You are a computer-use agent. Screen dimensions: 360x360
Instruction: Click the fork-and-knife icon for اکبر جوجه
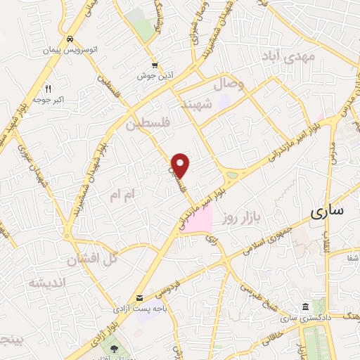[49, 89]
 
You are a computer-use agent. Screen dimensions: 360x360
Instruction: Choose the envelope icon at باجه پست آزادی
[140, 298]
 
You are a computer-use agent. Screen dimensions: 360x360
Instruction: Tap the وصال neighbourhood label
[233, 86]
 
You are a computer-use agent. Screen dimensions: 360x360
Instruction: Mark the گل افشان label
[91, 259]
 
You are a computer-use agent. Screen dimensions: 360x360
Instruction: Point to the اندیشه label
[46, 283]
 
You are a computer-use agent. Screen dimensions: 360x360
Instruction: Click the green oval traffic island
[233, 175]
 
